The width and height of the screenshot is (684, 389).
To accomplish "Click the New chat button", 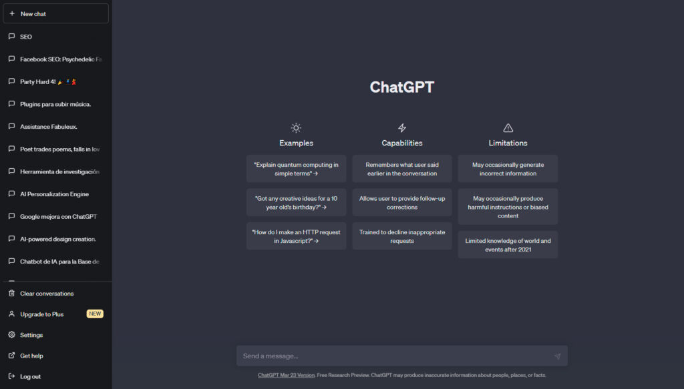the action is tap(56, 13).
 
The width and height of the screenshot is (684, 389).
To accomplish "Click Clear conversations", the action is tap(47, 294).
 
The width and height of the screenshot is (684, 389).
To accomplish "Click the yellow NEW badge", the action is tap(95, 314).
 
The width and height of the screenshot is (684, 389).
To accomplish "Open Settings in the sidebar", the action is tap(31, 335).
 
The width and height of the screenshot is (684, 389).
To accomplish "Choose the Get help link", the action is tap(31, 356).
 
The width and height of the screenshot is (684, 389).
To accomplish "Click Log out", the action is tap(30, 376).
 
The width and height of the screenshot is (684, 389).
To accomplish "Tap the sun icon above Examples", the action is tap(296, 127).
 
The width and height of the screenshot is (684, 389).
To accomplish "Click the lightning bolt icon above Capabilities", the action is tap(402, 127).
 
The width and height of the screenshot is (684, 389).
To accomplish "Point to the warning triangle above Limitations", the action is tap(508, 127).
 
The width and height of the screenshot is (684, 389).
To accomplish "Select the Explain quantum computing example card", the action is tap(296, 169).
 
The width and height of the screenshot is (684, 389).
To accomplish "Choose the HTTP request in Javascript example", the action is tap(296, 236).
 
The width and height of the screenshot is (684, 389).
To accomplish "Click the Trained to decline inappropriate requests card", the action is tap(402, 236).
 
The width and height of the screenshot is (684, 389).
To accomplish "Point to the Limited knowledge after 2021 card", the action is tap(508, 245).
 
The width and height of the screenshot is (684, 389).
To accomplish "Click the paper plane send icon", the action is tap(558, 356).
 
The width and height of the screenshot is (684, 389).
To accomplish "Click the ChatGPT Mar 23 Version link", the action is tap(286, 375).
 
